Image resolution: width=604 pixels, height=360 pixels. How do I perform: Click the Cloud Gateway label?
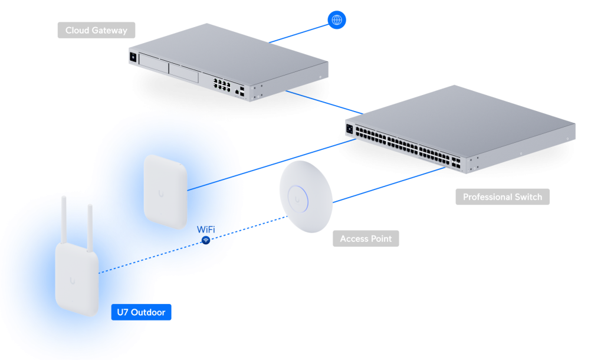click(x=96, y=30)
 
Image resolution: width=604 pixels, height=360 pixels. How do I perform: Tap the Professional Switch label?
click(x=502, y=197)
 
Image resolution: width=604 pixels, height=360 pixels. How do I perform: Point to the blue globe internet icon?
click(x=337, y=20)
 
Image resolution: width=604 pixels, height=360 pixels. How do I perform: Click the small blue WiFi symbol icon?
click(x=206, y=241)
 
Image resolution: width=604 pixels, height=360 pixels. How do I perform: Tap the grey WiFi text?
click(x=205, y=228)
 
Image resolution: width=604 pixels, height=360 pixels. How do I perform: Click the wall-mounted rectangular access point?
click(x=166, y=189)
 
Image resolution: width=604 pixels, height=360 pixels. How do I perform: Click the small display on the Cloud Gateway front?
click(x=133, y=58)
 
